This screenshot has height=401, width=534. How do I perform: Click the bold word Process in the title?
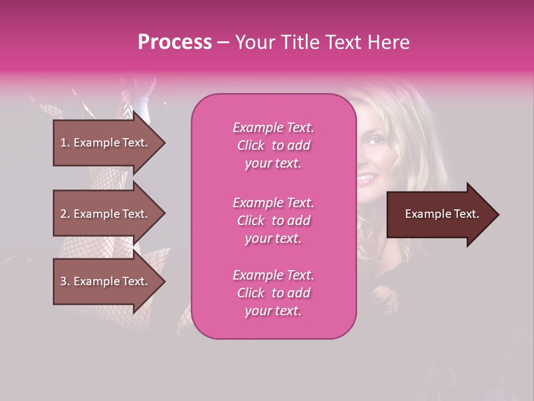tap(175, 42)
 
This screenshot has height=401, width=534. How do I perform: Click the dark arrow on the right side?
tap(439, 214)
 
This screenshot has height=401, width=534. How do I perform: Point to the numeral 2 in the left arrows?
tap(63, 214)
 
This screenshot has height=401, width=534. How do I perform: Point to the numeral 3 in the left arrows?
tap(63, 281)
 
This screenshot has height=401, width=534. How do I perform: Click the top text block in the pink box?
tap(273, 145)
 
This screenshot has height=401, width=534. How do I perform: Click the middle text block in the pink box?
tap(273, 221)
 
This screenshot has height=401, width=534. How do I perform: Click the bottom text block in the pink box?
tap(273, 293)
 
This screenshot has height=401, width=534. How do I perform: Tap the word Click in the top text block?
tap(251, 145)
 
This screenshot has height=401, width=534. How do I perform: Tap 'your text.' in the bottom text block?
tap(273, 311)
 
